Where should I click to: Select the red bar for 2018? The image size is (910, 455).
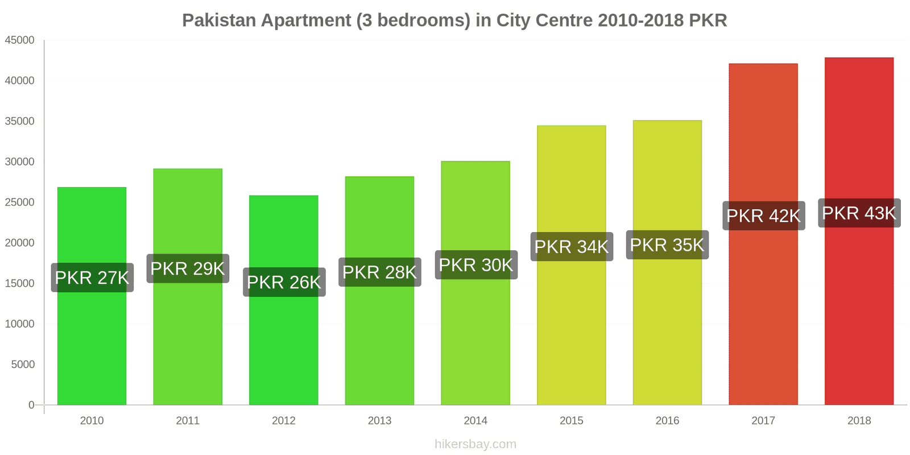(859, 313)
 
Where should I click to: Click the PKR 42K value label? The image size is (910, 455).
(763, 216)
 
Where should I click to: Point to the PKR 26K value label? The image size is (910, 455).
(284, 282)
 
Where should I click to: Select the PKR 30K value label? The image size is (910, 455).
(475, 265)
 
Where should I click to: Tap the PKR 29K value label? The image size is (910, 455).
(188, 268)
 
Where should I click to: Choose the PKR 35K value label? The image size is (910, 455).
(667, 245)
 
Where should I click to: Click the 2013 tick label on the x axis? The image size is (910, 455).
(379, 421)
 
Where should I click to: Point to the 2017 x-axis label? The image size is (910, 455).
(763, 421)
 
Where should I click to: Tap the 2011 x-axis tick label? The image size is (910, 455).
(188, 421)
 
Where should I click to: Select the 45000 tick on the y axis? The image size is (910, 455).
(20, 40)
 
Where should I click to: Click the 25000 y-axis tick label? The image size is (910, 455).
(20, 202)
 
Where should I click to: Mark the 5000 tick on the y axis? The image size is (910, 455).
(23, 365)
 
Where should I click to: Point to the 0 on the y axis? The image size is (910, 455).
(31, 405)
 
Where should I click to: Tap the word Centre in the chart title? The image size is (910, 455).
(560, 20)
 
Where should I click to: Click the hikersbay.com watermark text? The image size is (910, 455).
(475, 444)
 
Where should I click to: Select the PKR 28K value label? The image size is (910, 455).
(379, 272)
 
